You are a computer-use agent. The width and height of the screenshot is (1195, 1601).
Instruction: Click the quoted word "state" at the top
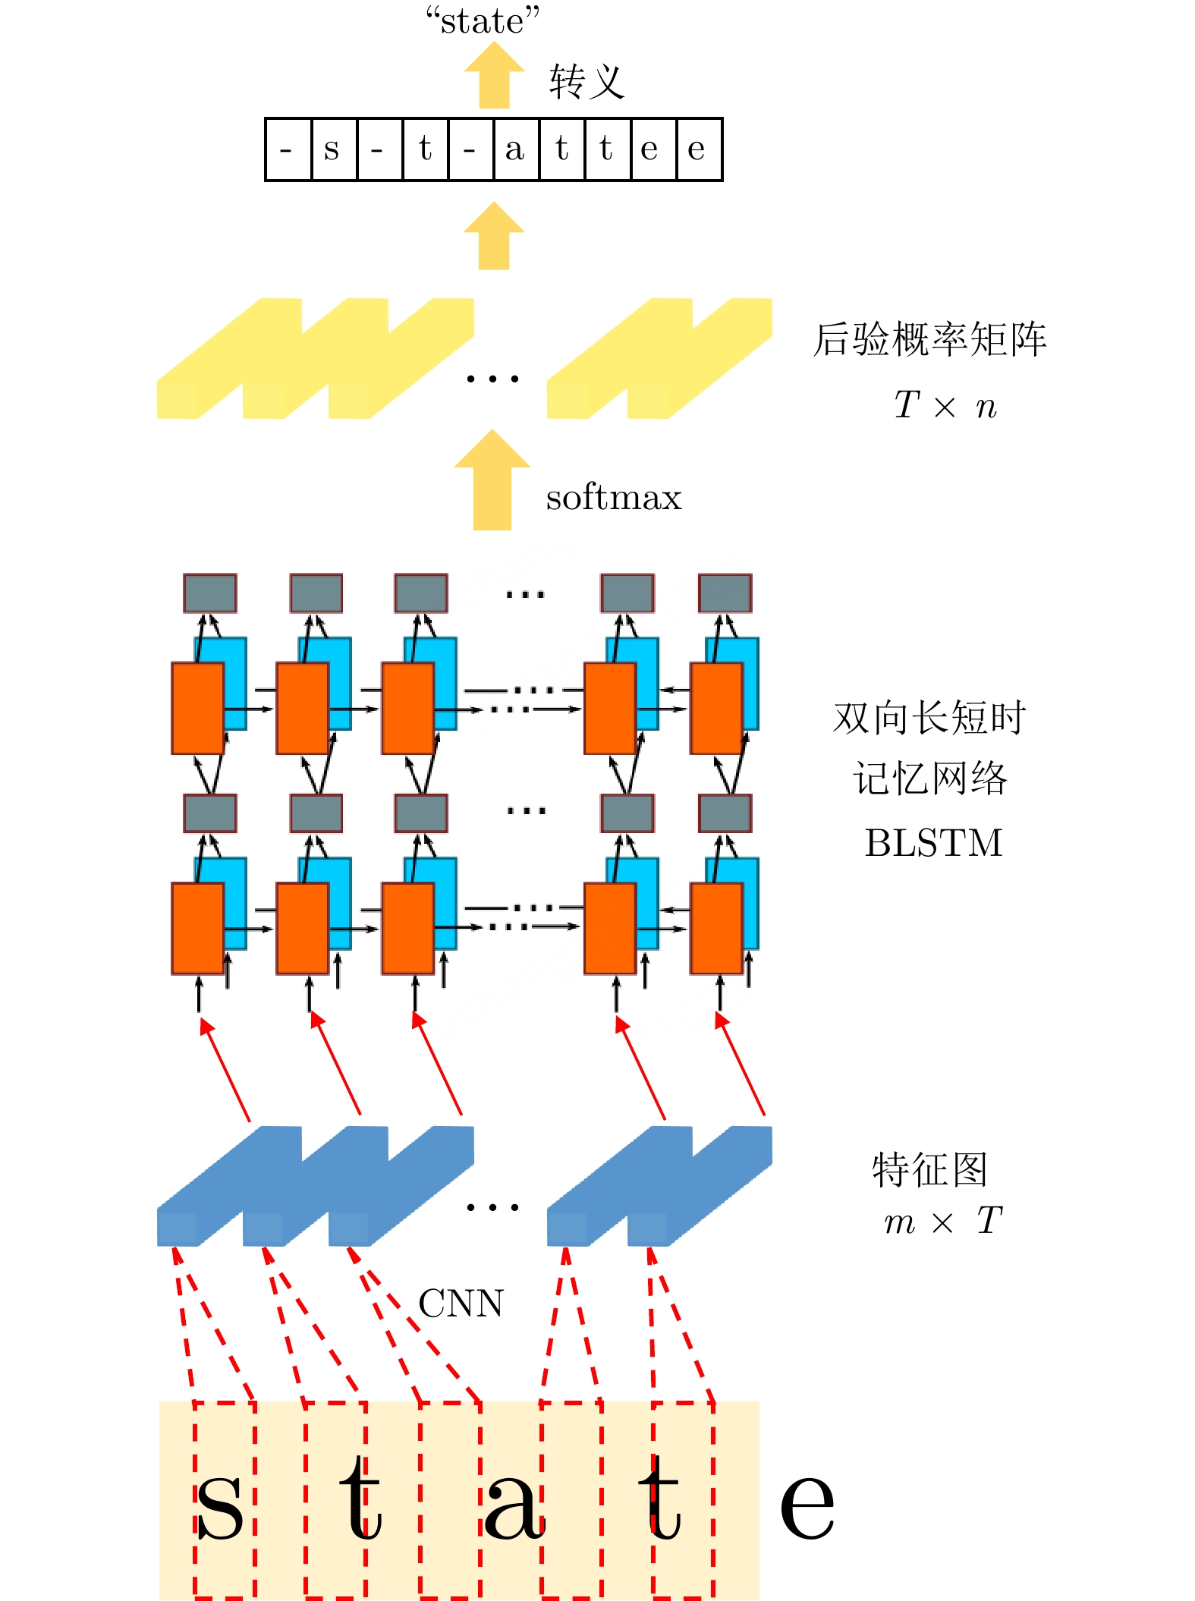483,20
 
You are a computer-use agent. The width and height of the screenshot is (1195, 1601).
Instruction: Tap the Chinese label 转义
586,82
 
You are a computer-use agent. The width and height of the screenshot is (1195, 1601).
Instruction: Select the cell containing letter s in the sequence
334,149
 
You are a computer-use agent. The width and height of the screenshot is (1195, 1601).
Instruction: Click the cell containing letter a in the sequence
516,149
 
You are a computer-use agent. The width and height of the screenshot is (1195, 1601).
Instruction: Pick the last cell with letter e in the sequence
699,149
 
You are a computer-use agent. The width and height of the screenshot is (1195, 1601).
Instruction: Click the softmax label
614,498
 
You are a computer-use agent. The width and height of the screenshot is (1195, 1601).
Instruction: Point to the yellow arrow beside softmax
492,480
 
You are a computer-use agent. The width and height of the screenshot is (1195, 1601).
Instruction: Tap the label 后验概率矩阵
930,339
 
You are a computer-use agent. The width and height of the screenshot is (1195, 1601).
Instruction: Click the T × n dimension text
945,405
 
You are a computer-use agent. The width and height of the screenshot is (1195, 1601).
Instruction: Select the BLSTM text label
933,843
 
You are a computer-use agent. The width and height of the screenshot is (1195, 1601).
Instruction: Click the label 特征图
929,1169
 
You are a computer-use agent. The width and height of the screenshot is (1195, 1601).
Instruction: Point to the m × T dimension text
943,1221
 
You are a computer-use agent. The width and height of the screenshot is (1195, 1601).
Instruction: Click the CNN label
461,1304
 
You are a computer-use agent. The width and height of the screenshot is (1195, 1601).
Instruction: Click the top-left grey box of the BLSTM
210,593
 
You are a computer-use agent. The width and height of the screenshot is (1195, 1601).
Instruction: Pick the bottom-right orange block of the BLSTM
716,928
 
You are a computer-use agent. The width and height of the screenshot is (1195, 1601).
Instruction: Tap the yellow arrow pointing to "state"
494,75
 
